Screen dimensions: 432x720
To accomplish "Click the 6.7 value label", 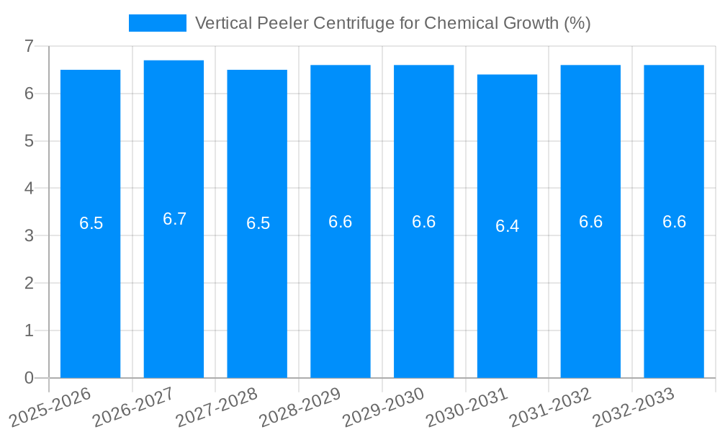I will pos(174,219).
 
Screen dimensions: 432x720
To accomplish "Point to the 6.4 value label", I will pos(507,226).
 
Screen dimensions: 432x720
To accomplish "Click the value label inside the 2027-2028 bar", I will pos(258,223).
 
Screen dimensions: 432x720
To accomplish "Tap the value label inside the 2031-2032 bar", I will pos(590,222).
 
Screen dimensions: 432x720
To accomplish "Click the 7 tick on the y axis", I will pos(29,46).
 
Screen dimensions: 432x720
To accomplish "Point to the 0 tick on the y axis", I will pos(29,378).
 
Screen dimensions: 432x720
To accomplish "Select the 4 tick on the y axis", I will pos(29,189).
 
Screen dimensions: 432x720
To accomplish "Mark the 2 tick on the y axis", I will pos(29,283).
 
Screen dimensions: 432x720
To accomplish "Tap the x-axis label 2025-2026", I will pos(50,407).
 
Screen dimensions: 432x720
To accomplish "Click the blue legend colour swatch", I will pos(157,23).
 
